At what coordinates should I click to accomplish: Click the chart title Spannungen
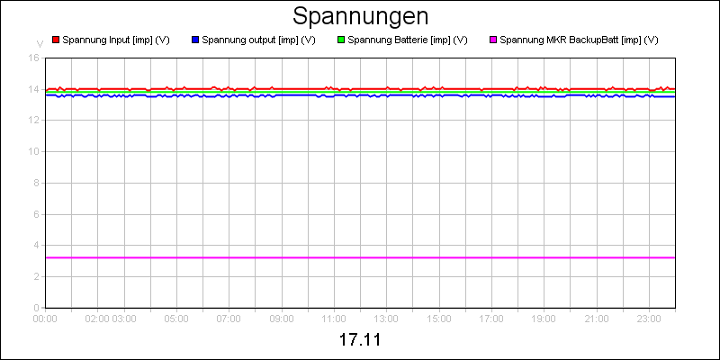[x=360, y=16]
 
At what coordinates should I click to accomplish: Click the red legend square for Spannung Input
[x=56, y=40]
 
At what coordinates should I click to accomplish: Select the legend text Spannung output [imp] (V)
[x=258, y=40]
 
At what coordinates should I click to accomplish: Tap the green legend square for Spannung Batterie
[x=341, y=40]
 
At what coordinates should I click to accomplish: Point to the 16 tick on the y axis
[x=33, y=58]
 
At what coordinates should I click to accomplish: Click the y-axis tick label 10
[x=33, y=151]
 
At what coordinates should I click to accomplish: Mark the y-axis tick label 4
[x=36, y=245]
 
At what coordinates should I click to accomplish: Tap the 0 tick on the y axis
[x=36, y=307]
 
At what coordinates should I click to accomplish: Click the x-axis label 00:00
[x=45, y=318]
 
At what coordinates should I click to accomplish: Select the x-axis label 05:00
[x=176, y=318]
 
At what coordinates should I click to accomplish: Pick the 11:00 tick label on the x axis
[x=334, y=318]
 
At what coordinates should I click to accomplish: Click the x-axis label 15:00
[x=439, y=318]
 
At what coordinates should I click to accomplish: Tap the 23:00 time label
[x=649, y=318]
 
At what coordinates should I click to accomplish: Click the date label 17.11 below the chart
[x=360, y=341]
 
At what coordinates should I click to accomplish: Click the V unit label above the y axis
[x=40, y=43]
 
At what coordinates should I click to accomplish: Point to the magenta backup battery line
[x=360, y=257]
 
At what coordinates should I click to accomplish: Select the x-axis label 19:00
[x=544, y=318]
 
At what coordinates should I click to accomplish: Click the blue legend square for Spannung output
[x=195, y=40]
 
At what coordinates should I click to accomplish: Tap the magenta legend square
[x=493, y=40]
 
